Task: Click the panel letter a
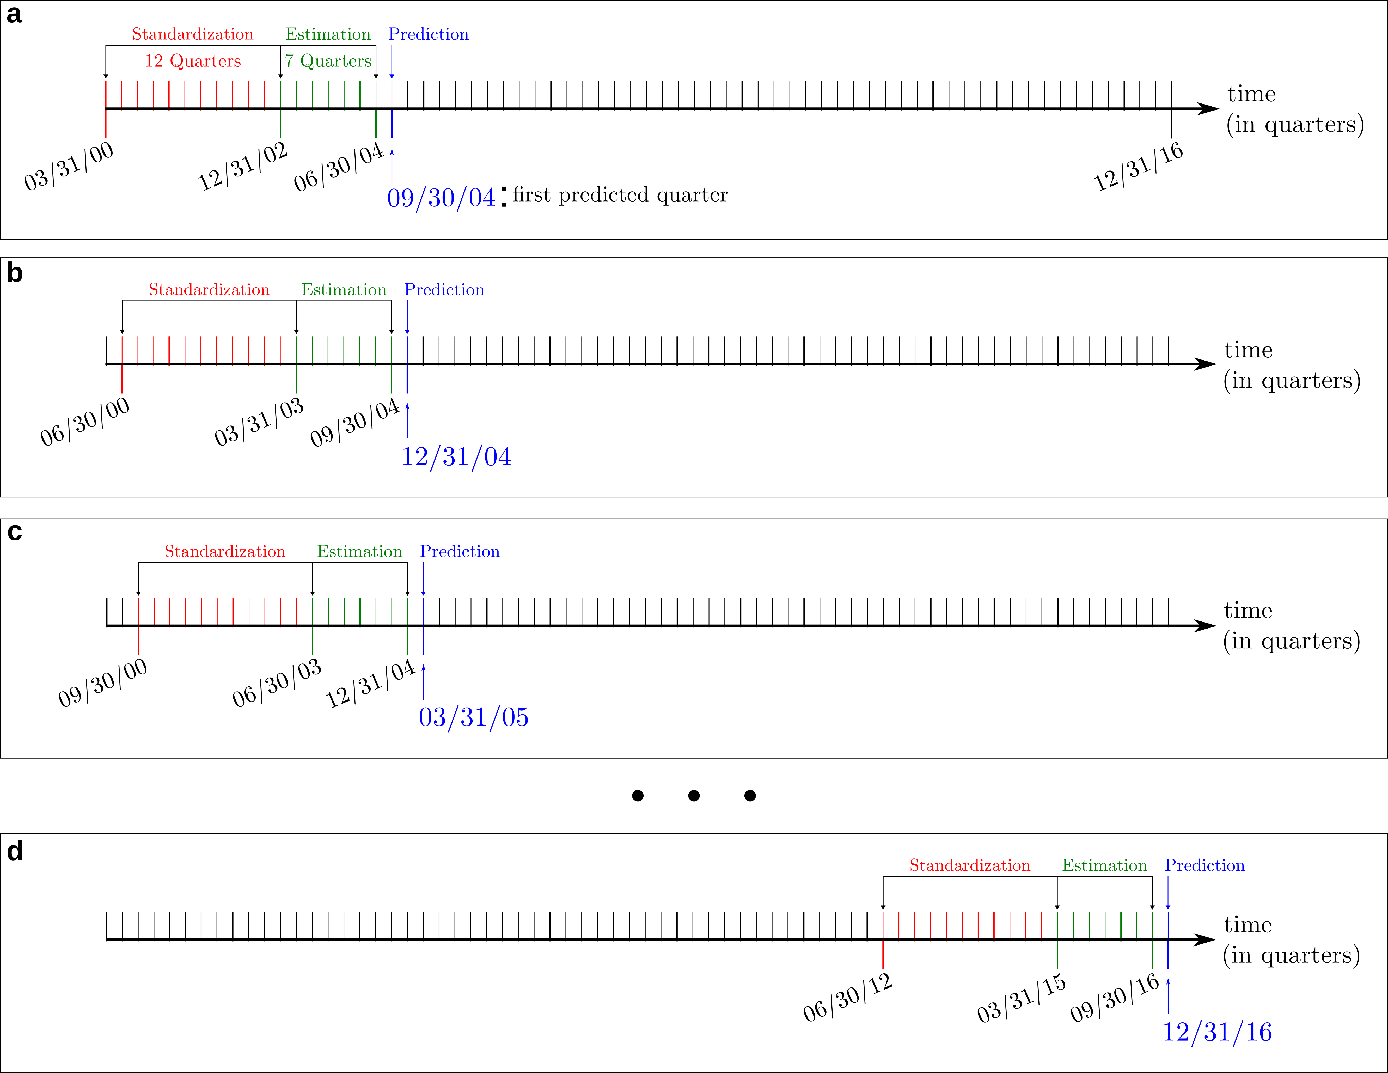(14, 14)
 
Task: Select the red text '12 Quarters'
(193, 61)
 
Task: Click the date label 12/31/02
(243, 167)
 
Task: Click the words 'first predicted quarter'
(620, 194)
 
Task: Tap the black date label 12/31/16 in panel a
(1138, 167)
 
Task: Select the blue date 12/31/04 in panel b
(456, 456)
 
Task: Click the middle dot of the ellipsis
(693, 795)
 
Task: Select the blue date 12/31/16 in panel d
(1216, 1032)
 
